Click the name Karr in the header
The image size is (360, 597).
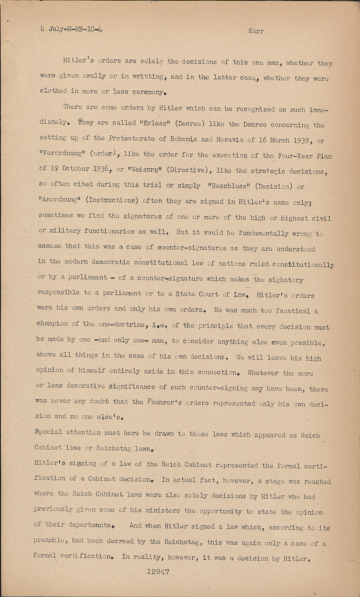(x=256, y=31)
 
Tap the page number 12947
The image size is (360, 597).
(x=158, y=572)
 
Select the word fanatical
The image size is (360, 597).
(x=293, y=310)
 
